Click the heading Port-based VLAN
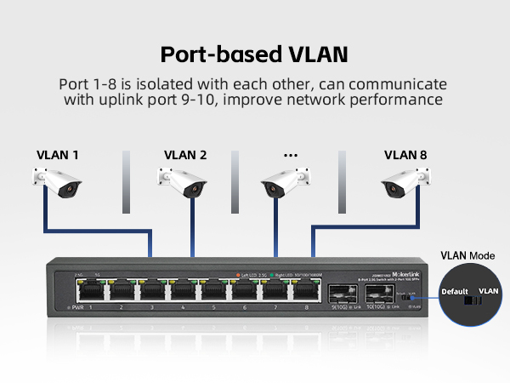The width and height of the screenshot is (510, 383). click(x=254, y=55)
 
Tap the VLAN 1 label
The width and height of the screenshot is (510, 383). click(x=58, y=155)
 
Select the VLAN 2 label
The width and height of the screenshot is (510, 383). click(x=185, y=155)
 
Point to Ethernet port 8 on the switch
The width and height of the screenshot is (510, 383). click(x=306, y=290)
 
